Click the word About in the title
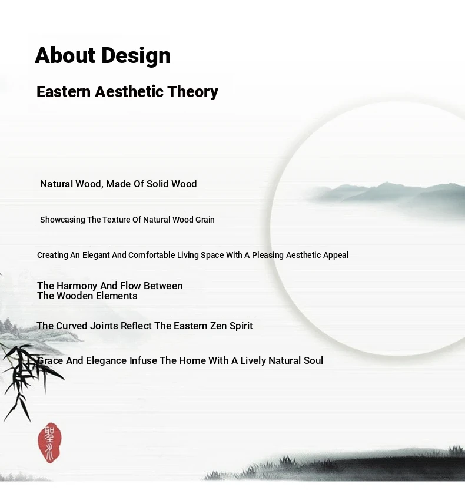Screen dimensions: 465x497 (65, 55)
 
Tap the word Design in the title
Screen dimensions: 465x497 (136, 57)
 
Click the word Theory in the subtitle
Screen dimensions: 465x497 (193, 92)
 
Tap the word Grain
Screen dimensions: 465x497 (205, 220)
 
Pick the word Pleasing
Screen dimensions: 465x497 (268, 256)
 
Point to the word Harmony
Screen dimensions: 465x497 (77, 286)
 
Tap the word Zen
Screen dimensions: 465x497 (218, 326)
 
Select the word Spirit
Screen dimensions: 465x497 (241, 326)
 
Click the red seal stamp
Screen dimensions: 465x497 (49, 442)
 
